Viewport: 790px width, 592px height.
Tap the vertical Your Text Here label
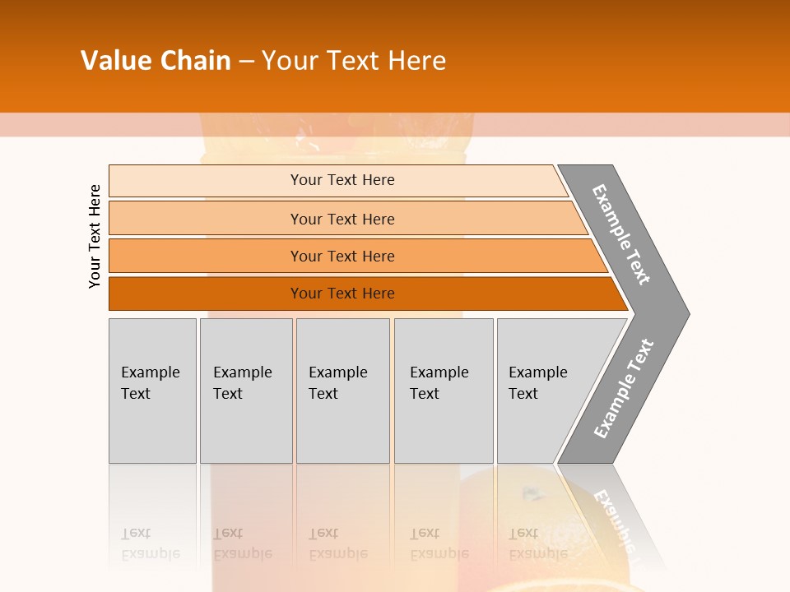pyautogui.click(x=95, y=236)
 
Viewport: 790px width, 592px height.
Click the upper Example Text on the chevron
pyautogui.click(x=621, y=234)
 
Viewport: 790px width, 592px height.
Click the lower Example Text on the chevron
pyautogui.click(x=624, y=388)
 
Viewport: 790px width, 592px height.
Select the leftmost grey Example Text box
pyautogui.click(x=152, y=391)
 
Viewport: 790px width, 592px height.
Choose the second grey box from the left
pyautogui.click(x=246, y=391)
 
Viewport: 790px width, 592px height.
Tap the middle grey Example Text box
pyautogui.click(x=342, y=391)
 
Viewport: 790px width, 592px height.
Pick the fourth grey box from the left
pyautogui.click(x=444, y=391)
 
